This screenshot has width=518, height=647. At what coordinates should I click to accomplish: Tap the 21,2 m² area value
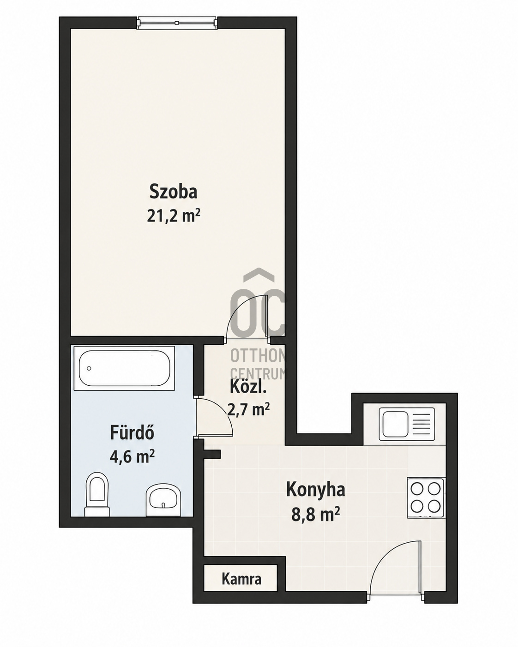click(x=174, y=216)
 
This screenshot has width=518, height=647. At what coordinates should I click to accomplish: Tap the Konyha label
click(x=315, y=490)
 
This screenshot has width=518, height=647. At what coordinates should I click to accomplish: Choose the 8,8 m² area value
click(x=315, y=515)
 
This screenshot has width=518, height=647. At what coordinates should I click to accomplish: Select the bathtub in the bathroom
click(x=124, y=368)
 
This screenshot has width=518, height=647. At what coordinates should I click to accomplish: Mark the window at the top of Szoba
click(x=177, y=23)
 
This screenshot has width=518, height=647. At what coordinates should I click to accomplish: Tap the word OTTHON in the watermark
click(x=259, y=356)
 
